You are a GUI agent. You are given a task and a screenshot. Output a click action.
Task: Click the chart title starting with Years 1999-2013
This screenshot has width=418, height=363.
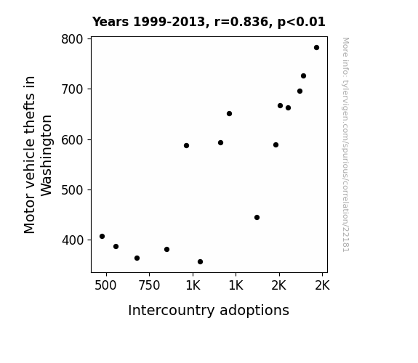click(x=209, y=22)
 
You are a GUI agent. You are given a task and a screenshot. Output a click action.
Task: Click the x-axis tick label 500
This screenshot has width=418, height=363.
click(x=105, y=285)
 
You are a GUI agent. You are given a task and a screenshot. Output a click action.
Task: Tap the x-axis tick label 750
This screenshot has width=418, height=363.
click(x=149, y=285)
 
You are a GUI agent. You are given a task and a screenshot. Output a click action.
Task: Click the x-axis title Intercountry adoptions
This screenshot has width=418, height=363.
click(x=209, y=310)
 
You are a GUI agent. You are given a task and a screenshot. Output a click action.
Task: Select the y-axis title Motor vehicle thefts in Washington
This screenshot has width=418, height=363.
click(x=38, y=155)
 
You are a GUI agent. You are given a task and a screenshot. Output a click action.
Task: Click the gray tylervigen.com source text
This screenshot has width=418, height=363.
click(x=346, y=144)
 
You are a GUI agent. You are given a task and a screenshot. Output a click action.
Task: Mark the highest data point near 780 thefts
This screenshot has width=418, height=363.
click(x=316, y=48)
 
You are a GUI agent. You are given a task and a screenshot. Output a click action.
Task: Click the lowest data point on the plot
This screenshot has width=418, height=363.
click(x=200, y=262)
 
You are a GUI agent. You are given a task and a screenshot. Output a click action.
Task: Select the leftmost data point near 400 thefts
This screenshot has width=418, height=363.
click(x=102, y=236)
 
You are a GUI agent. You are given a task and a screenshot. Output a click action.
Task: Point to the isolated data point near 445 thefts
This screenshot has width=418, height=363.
click(x=257, y=217)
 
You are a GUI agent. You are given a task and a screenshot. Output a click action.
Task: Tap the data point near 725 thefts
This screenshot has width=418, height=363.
click(x=303, y=76)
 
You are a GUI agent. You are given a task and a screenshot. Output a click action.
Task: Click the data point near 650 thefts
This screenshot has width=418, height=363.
click(x=229, y=114)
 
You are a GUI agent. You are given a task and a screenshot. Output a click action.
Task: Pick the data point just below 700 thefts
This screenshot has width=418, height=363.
click(x=300, y=91)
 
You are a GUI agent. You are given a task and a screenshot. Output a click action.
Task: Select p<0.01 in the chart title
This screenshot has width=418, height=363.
click(x=302, y=23)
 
